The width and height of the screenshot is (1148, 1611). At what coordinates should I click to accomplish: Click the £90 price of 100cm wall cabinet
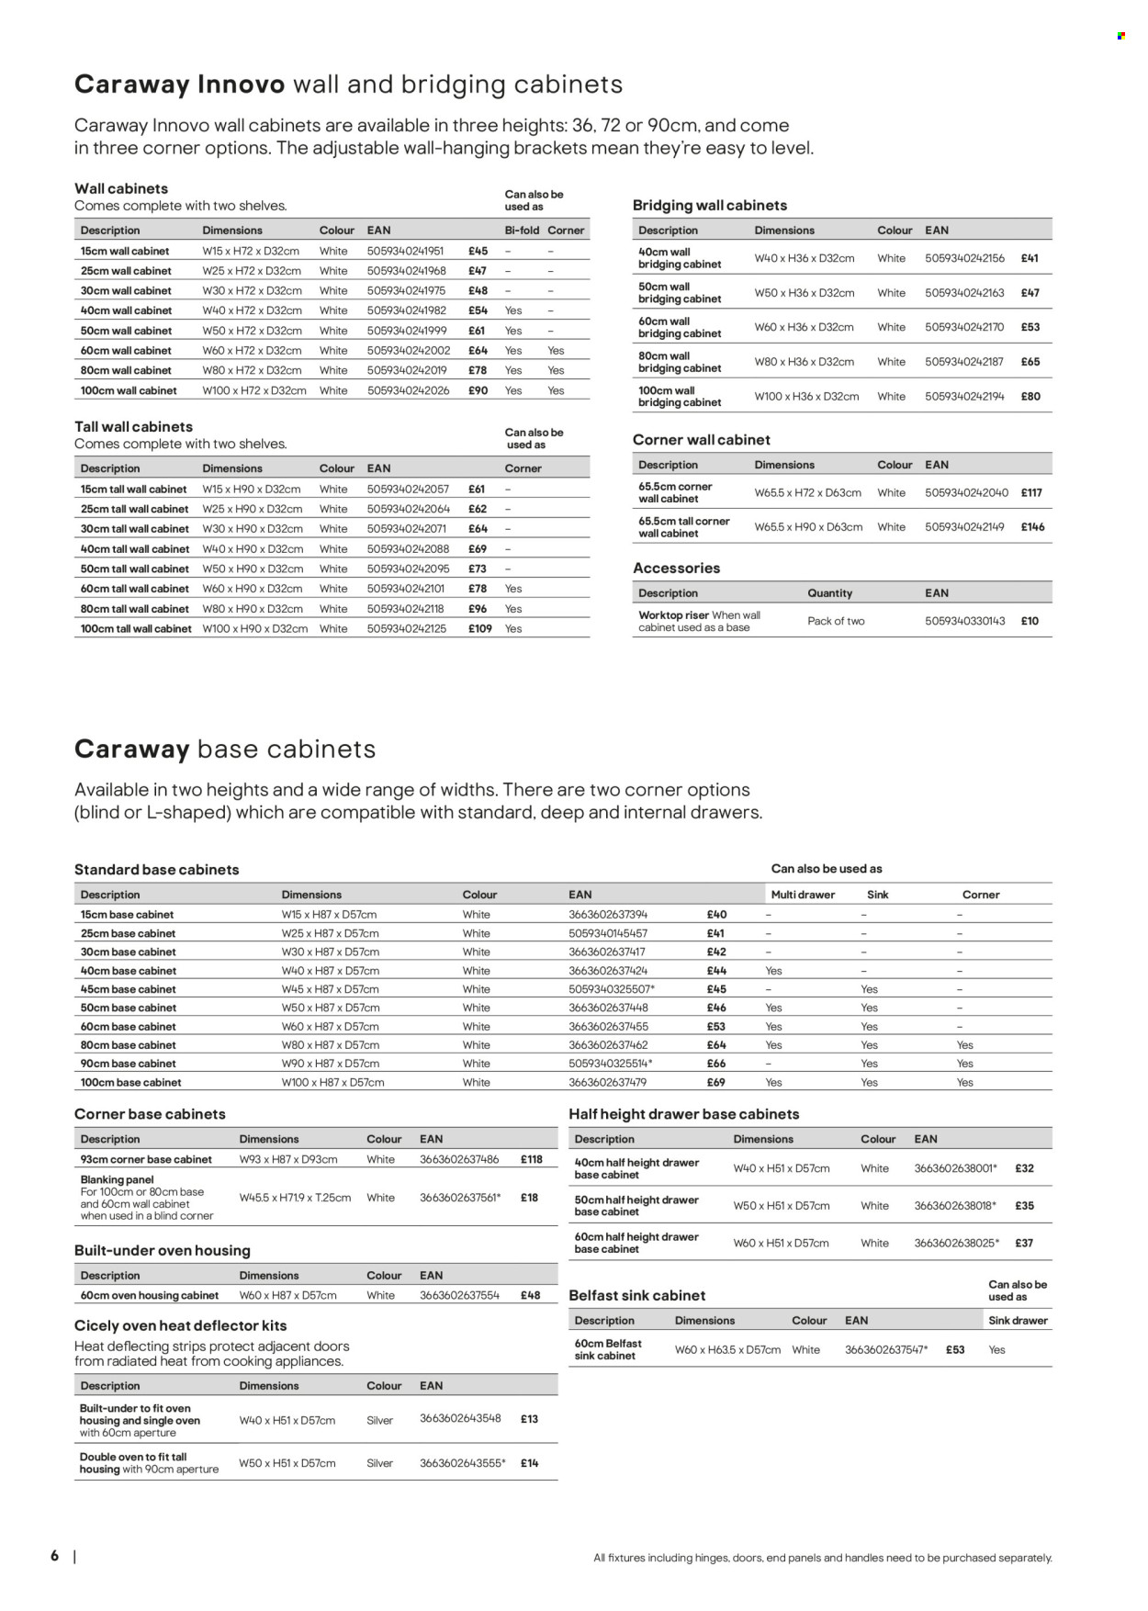tap(478, 390)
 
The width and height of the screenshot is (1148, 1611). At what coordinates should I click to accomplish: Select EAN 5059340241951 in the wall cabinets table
tap(405, 251)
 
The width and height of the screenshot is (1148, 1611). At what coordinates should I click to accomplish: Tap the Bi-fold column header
tap(522, 231)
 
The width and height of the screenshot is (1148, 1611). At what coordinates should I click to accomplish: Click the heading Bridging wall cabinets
tap(709, 206)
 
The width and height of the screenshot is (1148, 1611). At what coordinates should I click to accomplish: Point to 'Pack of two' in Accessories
tap(836, 622)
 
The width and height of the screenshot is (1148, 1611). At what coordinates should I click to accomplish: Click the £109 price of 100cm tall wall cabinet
tap(479, 629)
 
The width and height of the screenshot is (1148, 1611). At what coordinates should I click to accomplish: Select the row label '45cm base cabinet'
tap(128, 989)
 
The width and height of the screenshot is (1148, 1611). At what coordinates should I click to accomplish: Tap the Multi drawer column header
tap(803, 895)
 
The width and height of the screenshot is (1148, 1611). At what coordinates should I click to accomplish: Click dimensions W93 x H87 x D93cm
tap(288, 1160)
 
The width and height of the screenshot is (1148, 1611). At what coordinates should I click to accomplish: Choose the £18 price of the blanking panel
tap(529, 1198)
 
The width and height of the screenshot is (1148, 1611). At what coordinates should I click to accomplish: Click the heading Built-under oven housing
tap(162, 1251)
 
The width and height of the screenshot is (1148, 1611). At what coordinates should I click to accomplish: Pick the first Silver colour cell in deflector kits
tap(379, 1421)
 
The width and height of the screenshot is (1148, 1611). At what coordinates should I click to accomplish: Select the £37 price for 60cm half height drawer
tap(1024, 1244)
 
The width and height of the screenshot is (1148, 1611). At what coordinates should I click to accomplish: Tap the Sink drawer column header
tap(1018, 1321)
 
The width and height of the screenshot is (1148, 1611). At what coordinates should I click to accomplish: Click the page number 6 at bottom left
tap(55, 1556)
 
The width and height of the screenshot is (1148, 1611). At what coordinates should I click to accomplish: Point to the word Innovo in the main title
tap(242, 84)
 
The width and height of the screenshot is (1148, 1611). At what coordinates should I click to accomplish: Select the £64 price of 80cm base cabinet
tap(716, 1045)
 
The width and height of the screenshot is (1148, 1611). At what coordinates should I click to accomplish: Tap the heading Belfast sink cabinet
tap(636, 1296)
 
